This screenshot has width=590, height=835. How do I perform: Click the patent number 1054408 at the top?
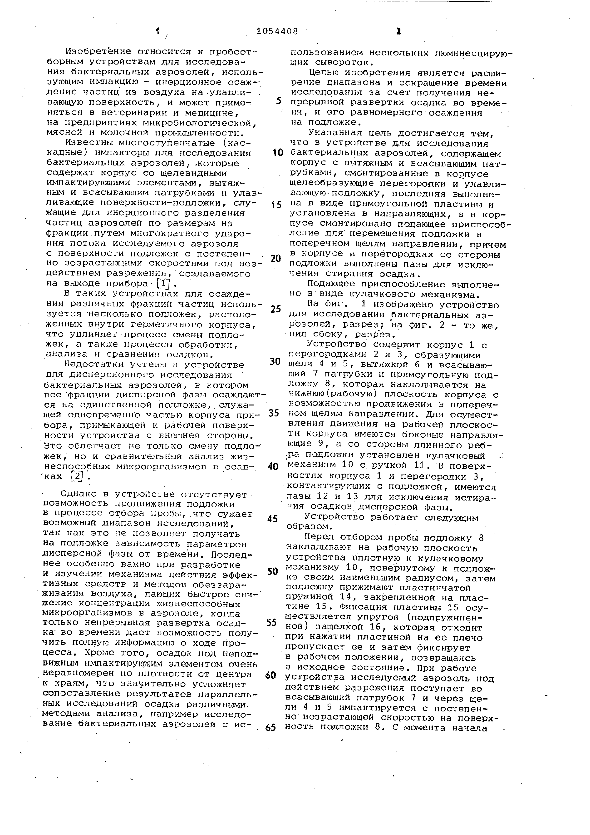pos(277,32)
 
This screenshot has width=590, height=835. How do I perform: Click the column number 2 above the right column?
pos(398,32)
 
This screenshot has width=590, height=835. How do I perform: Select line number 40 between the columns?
pos(273,467)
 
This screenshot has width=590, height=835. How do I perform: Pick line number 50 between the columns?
pos(272,571)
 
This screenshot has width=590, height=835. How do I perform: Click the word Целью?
pos(323,73)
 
